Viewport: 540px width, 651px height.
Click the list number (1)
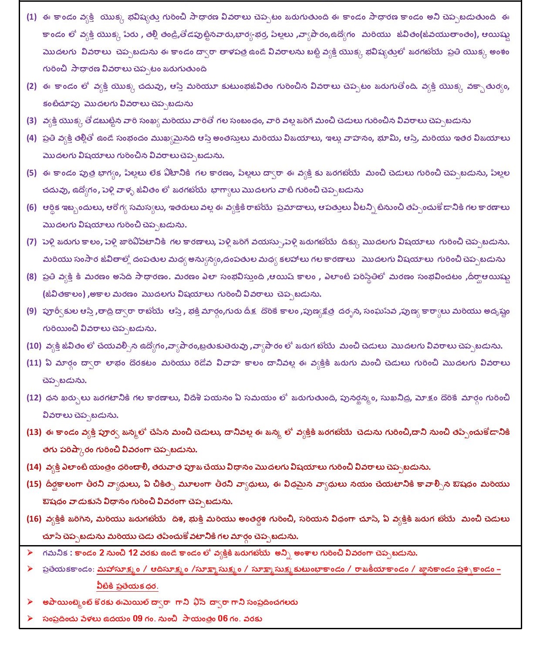coord(32,17)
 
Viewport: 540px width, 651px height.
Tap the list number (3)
coord(32,121)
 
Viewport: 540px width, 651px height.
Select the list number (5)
coord(32,173)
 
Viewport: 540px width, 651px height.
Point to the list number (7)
coord(32,242)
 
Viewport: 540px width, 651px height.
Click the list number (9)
coord(32,311)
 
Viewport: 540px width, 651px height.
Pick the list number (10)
coord(34,346)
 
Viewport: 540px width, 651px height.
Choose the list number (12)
coord(34,397)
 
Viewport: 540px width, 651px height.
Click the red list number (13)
coord(34,432)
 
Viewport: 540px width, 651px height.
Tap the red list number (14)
coord(34,467)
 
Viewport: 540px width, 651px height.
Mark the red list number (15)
coord(34,484)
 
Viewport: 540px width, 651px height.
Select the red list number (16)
coord(34,519)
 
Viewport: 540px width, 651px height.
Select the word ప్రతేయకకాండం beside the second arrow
coord(68,570)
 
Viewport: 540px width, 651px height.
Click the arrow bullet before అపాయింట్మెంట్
coord(30,602)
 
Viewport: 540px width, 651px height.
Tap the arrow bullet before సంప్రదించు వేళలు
coord(30,619)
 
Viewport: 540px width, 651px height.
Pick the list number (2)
coord(32,86)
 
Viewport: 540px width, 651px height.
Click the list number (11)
coord(34,363)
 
